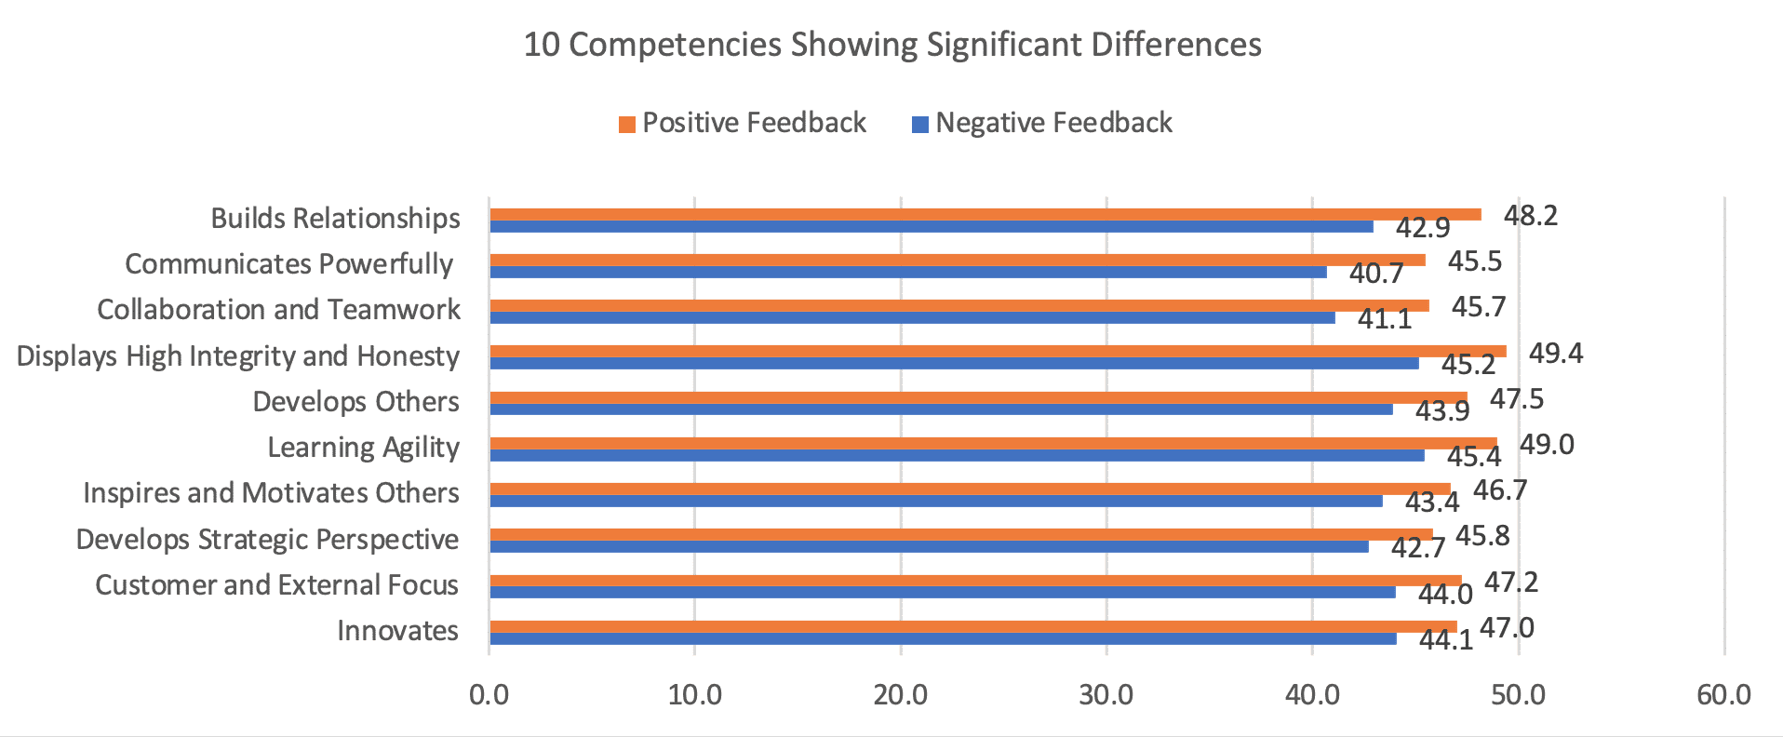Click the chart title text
click(891, 45)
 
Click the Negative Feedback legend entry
click(1042, 123)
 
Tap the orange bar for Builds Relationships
click(985, 214)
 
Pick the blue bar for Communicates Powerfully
click(907, 273)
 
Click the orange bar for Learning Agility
click(992, 443)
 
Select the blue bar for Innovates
click(942, 638)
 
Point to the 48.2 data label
click(1531, 216)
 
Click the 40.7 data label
click(1376, 274)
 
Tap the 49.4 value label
click(1556, 354)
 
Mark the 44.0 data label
click(1445, 594)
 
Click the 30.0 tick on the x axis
click(1106, 694)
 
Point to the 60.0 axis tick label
click(1723, 694)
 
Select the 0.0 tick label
click(489, 694)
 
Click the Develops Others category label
click(355, 402)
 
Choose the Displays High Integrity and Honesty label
click(238, 356)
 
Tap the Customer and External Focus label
click(276, 585)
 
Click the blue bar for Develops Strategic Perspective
click(929, 547)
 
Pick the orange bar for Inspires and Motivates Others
click(970, 489)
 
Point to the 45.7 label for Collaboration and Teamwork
click(1478, 307)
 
